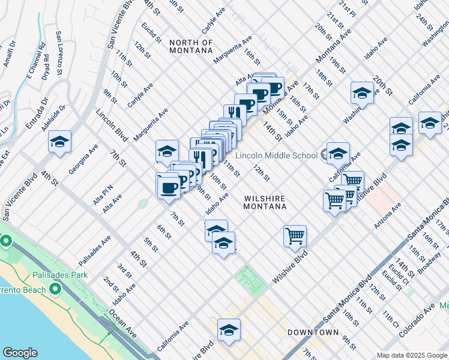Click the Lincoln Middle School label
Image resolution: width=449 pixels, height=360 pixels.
[276, 156]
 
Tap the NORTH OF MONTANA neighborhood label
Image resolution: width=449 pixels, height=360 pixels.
[191, 46]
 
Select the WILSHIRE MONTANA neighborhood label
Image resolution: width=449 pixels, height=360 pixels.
[265, 202]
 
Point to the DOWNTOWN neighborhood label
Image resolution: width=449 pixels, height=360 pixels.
[313, 332]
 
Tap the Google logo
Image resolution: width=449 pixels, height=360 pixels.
[20, 353]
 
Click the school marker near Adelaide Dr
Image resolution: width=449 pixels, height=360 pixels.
[59, 142]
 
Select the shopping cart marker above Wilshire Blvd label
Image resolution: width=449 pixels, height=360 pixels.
[295, 235]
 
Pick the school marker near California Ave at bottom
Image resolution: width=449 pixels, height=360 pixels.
[229, 329]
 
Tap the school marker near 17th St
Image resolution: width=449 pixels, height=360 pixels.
[362, 92]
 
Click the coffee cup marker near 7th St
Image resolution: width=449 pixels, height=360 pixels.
[168, 187]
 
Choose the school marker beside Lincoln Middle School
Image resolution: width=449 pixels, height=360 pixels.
[338, 153]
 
